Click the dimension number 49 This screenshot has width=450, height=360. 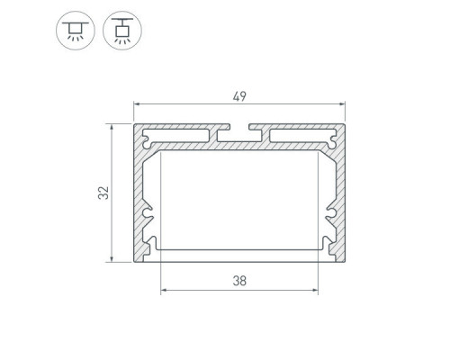click(239, 96)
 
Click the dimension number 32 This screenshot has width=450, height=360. click(103, 193)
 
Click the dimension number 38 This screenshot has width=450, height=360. click(239, 281)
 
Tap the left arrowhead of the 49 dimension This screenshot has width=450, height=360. click(137, 104)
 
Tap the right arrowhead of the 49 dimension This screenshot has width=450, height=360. click(342, 104)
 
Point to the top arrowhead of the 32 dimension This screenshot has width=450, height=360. click(112, 127)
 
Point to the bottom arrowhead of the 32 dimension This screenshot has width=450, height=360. click(112, 258)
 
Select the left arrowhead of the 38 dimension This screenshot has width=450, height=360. click(164, 290)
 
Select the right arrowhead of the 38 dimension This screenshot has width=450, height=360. click(315, 290)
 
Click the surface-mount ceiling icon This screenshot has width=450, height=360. click(76, 31)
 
